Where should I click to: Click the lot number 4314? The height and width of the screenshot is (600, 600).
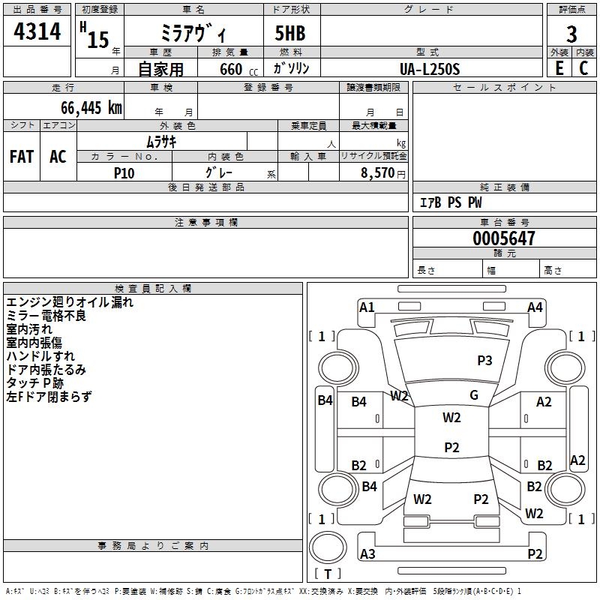point(37,32)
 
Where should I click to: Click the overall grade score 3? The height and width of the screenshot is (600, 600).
point(571,34)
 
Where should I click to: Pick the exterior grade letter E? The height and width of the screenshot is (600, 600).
point(559,68)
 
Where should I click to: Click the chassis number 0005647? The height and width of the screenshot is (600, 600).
point(504,238)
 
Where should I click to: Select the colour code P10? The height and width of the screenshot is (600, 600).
point(124,172)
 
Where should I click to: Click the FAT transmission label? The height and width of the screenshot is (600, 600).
point(22,157)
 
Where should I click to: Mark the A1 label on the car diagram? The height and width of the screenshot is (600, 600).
point(367,307)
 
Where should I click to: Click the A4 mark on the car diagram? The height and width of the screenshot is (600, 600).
point(535,307)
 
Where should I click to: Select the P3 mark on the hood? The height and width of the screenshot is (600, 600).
point(484,361)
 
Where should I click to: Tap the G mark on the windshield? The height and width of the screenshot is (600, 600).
point(474,395)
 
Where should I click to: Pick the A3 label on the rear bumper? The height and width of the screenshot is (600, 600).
point(367,554)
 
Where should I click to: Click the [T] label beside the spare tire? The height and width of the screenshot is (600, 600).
point(328,574)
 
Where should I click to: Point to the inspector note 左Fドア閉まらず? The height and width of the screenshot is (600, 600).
point(49,397)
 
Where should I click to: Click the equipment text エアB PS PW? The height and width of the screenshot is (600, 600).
point(450,203)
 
